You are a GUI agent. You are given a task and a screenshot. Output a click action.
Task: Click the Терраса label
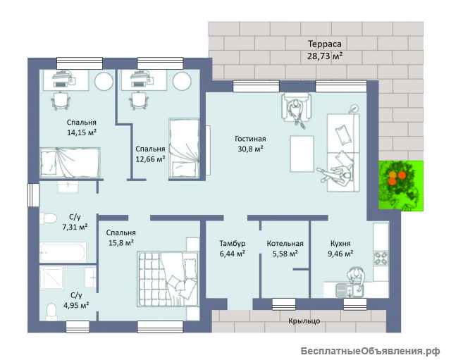(325, 44)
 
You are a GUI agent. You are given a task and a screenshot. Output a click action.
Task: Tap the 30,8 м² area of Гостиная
(251, 149)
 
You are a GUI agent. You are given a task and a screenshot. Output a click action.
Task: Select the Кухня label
(340, 244)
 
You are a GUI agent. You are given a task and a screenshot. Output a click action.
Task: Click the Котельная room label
(285, 244)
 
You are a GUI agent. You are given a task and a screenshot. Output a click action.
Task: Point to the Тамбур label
(233, 243)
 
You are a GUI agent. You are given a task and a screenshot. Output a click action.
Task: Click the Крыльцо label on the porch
(304, 321)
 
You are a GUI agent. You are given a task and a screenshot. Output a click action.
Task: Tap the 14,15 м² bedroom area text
(82, 132)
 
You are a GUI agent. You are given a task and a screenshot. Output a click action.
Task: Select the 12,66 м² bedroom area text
(150, 159)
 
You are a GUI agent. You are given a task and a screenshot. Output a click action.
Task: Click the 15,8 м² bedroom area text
(121, 243)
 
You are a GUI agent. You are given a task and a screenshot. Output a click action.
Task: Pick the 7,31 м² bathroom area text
(75, 227)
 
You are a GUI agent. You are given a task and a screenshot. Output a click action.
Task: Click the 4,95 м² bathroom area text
(76, 305)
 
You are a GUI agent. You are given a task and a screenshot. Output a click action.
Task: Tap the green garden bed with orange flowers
(401, 186)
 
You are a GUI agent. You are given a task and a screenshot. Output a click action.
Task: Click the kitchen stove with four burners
(381, 258)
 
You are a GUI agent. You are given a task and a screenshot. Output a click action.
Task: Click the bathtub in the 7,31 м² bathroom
(63, 252)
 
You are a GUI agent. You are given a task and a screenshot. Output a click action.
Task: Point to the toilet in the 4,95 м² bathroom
(51, 311)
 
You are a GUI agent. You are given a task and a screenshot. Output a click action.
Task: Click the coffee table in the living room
(302, 154)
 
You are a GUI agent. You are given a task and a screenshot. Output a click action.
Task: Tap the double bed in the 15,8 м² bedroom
(168, 278)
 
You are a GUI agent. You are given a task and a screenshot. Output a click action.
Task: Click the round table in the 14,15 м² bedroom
(104, 82)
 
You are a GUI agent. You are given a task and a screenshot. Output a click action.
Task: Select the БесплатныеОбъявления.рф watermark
(370, 351)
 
